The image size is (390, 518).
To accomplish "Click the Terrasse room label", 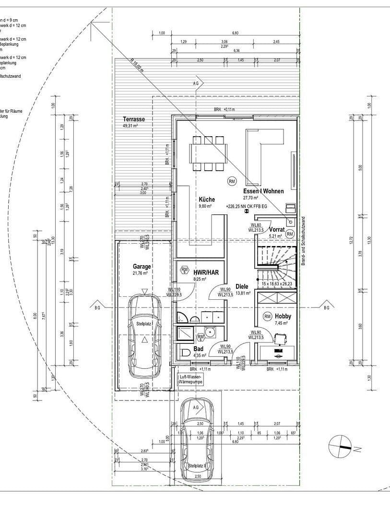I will click(x=134, y=119).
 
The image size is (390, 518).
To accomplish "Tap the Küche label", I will click(x=207, y=200).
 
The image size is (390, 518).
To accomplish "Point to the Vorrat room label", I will click(x=277, y=229).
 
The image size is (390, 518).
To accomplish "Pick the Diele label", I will click(x=242, y=286).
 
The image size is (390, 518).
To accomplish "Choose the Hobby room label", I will click(x=283, y=317).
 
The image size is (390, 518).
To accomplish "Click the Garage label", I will click(x=142, y=267).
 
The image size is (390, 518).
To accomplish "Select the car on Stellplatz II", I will click(x=197, y=441).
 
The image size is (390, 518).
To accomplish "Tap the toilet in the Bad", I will click(x=186, y=353).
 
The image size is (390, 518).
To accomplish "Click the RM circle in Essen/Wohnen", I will click(x=232, y=181).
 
